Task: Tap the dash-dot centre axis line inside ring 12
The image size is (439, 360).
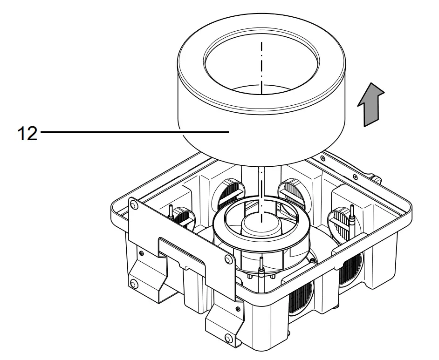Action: coord(262,61)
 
